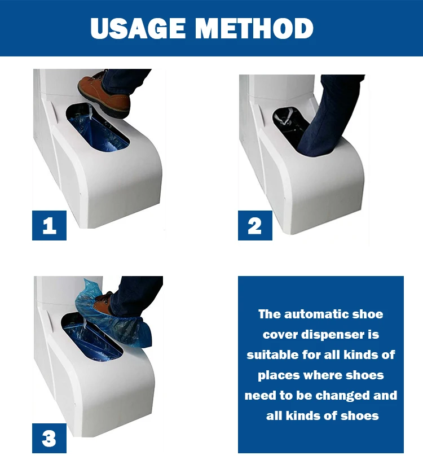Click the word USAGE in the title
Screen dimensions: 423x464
[138, 28]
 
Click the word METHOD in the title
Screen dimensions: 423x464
[254, 28]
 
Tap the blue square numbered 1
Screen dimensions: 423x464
[50, 225]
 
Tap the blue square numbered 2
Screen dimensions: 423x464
[255, 225]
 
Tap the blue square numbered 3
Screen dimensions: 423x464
[50, 438]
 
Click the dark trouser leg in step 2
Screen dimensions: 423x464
[328, 119]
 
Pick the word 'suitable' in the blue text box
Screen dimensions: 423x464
[272, 354]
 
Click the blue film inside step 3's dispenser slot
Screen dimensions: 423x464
[91, 340]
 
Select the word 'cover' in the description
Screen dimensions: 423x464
[280, 335]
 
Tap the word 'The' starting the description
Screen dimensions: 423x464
[269, 314]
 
